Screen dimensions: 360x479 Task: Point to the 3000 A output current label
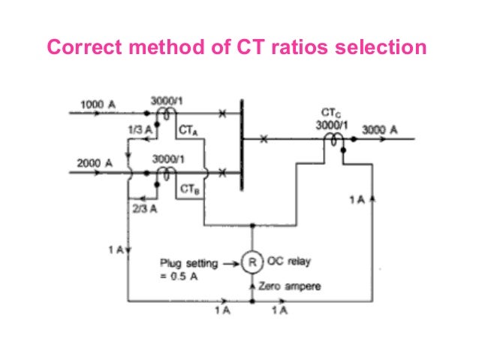coord(380,130)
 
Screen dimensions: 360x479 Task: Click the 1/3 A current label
coord(138,132)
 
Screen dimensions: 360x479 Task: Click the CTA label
coord(188,132)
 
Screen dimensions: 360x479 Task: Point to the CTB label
coord(188,191)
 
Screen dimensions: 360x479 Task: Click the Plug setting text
coord(188,263)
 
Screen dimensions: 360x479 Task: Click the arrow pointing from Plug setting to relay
coord(227,264)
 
